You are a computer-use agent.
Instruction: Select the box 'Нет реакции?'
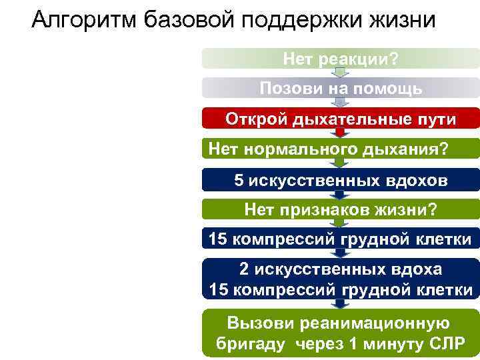(341, 59)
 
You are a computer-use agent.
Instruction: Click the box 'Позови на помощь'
(341, 88)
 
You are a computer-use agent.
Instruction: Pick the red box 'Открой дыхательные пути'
(341, 119)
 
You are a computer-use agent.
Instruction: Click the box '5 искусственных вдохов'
(341, 180)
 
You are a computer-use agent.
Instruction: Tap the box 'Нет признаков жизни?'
(341, 210)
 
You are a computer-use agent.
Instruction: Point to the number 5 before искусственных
(239, 180)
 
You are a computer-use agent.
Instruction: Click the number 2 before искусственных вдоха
(244, 269)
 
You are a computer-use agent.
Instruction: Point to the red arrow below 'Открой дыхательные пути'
(340, 133)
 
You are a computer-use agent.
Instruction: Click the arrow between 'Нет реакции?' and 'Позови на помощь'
(340, 73)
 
